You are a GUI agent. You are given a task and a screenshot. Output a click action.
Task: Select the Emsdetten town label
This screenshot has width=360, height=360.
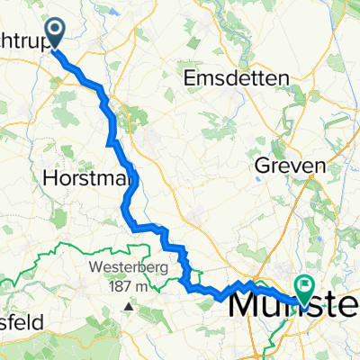coord(236,78)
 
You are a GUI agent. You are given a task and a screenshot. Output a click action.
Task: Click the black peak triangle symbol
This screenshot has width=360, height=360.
coord(128,306)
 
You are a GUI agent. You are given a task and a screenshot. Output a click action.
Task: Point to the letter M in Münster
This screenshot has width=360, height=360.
coord(247,306)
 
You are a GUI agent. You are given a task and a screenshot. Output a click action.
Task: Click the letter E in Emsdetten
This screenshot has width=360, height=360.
coord(190,78)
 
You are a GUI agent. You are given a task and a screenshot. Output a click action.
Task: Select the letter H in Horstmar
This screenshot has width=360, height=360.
coord(49,179)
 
